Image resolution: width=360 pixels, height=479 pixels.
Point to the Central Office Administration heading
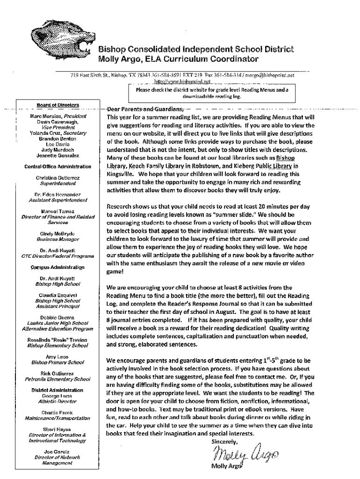click(x=58, y=167)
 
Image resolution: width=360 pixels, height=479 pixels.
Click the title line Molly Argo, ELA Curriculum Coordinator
click(x=178, y=59)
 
